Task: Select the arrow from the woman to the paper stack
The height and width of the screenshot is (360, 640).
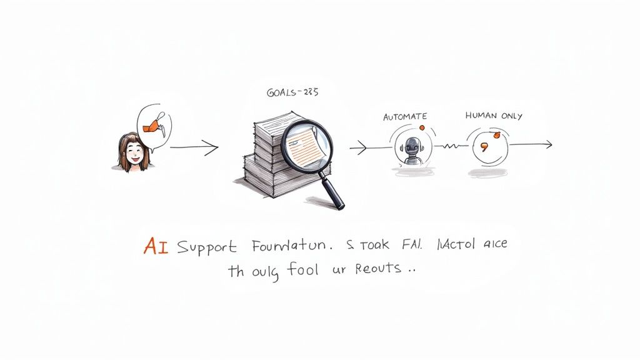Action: tap(194, 148)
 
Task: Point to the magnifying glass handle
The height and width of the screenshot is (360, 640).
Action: tap(331, 191)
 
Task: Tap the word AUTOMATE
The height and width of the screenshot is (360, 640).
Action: tap(405, 116)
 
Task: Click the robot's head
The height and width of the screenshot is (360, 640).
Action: tap(411, 147)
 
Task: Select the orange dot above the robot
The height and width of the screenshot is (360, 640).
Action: tap(421, 128)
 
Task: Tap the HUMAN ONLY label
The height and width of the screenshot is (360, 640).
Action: tap(494, 116)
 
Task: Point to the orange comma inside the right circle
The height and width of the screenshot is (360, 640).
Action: tap(483, 148)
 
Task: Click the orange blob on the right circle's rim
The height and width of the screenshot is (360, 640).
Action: tap(497, 134)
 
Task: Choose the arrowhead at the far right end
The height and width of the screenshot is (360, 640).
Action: tap(548, 145)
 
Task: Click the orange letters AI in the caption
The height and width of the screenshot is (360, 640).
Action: tap(156, 246)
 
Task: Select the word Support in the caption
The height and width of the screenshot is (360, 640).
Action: tap(207, 247)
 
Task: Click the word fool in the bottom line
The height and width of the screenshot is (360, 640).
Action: tap(304, 270)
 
